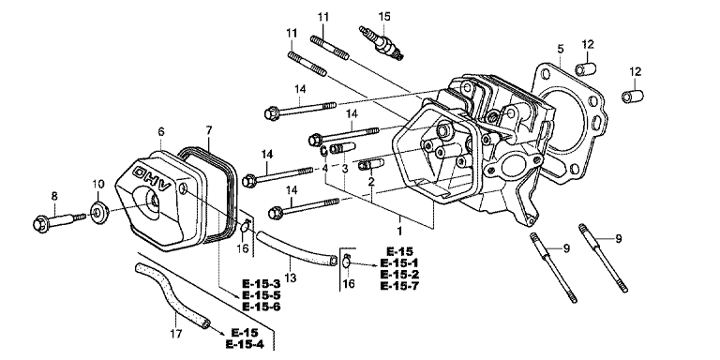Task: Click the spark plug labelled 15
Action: [382, 44]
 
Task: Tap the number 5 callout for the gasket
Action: [561, 48]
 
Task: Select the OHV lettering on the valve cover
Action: [152, 179]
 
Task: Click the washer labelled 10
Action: [97, 213]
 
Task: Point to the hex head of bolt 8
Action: [41, 225]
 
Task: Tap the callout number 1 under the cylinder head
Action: [399, 230]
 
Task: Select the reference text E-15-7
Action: [399, 285]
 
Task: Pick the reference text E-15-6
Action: [262, 307]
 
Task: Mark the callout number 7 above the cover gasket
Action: [209, 130]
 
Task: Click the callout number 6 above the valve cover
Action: [160, 132]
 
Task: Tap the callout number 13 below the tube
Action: [291, 277]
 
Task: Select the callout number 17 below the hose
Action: [176, 333]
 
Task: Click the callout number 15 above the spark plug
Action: [384, 17]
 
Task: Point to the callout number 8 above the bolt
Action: [54, 196]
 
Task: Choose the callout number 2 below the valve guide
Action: [371, 181]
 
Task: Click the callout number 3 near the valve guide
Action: [345, 169]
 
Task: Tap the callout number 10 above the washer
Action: [98, 184]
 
